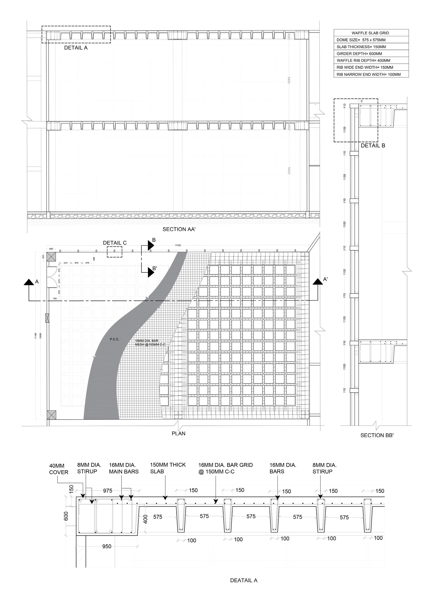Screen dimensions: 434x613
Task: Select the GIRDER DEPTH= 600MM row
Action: point(359,53)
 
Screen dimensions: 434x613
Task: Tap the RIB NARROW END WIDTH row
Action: point(369,74)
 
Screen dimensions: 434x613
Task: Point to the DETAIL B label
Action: point(373,146)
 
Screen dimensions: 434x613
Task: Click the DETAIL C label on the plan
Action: point(115,243)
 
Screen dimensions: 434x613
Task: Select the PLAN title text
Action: point(179,433)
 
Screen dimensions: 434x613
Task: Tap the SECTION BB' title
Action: point(377,435)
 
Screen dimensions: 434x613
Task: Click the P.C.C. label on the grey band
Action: point(114,339)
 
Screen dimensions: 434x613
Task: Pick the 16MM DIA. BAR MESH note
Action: point(150,343)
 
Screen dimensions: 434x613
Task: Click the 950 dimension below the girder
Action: point(107,546)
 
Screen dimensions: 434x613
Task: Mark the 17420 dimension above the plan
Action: point(178,245)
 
